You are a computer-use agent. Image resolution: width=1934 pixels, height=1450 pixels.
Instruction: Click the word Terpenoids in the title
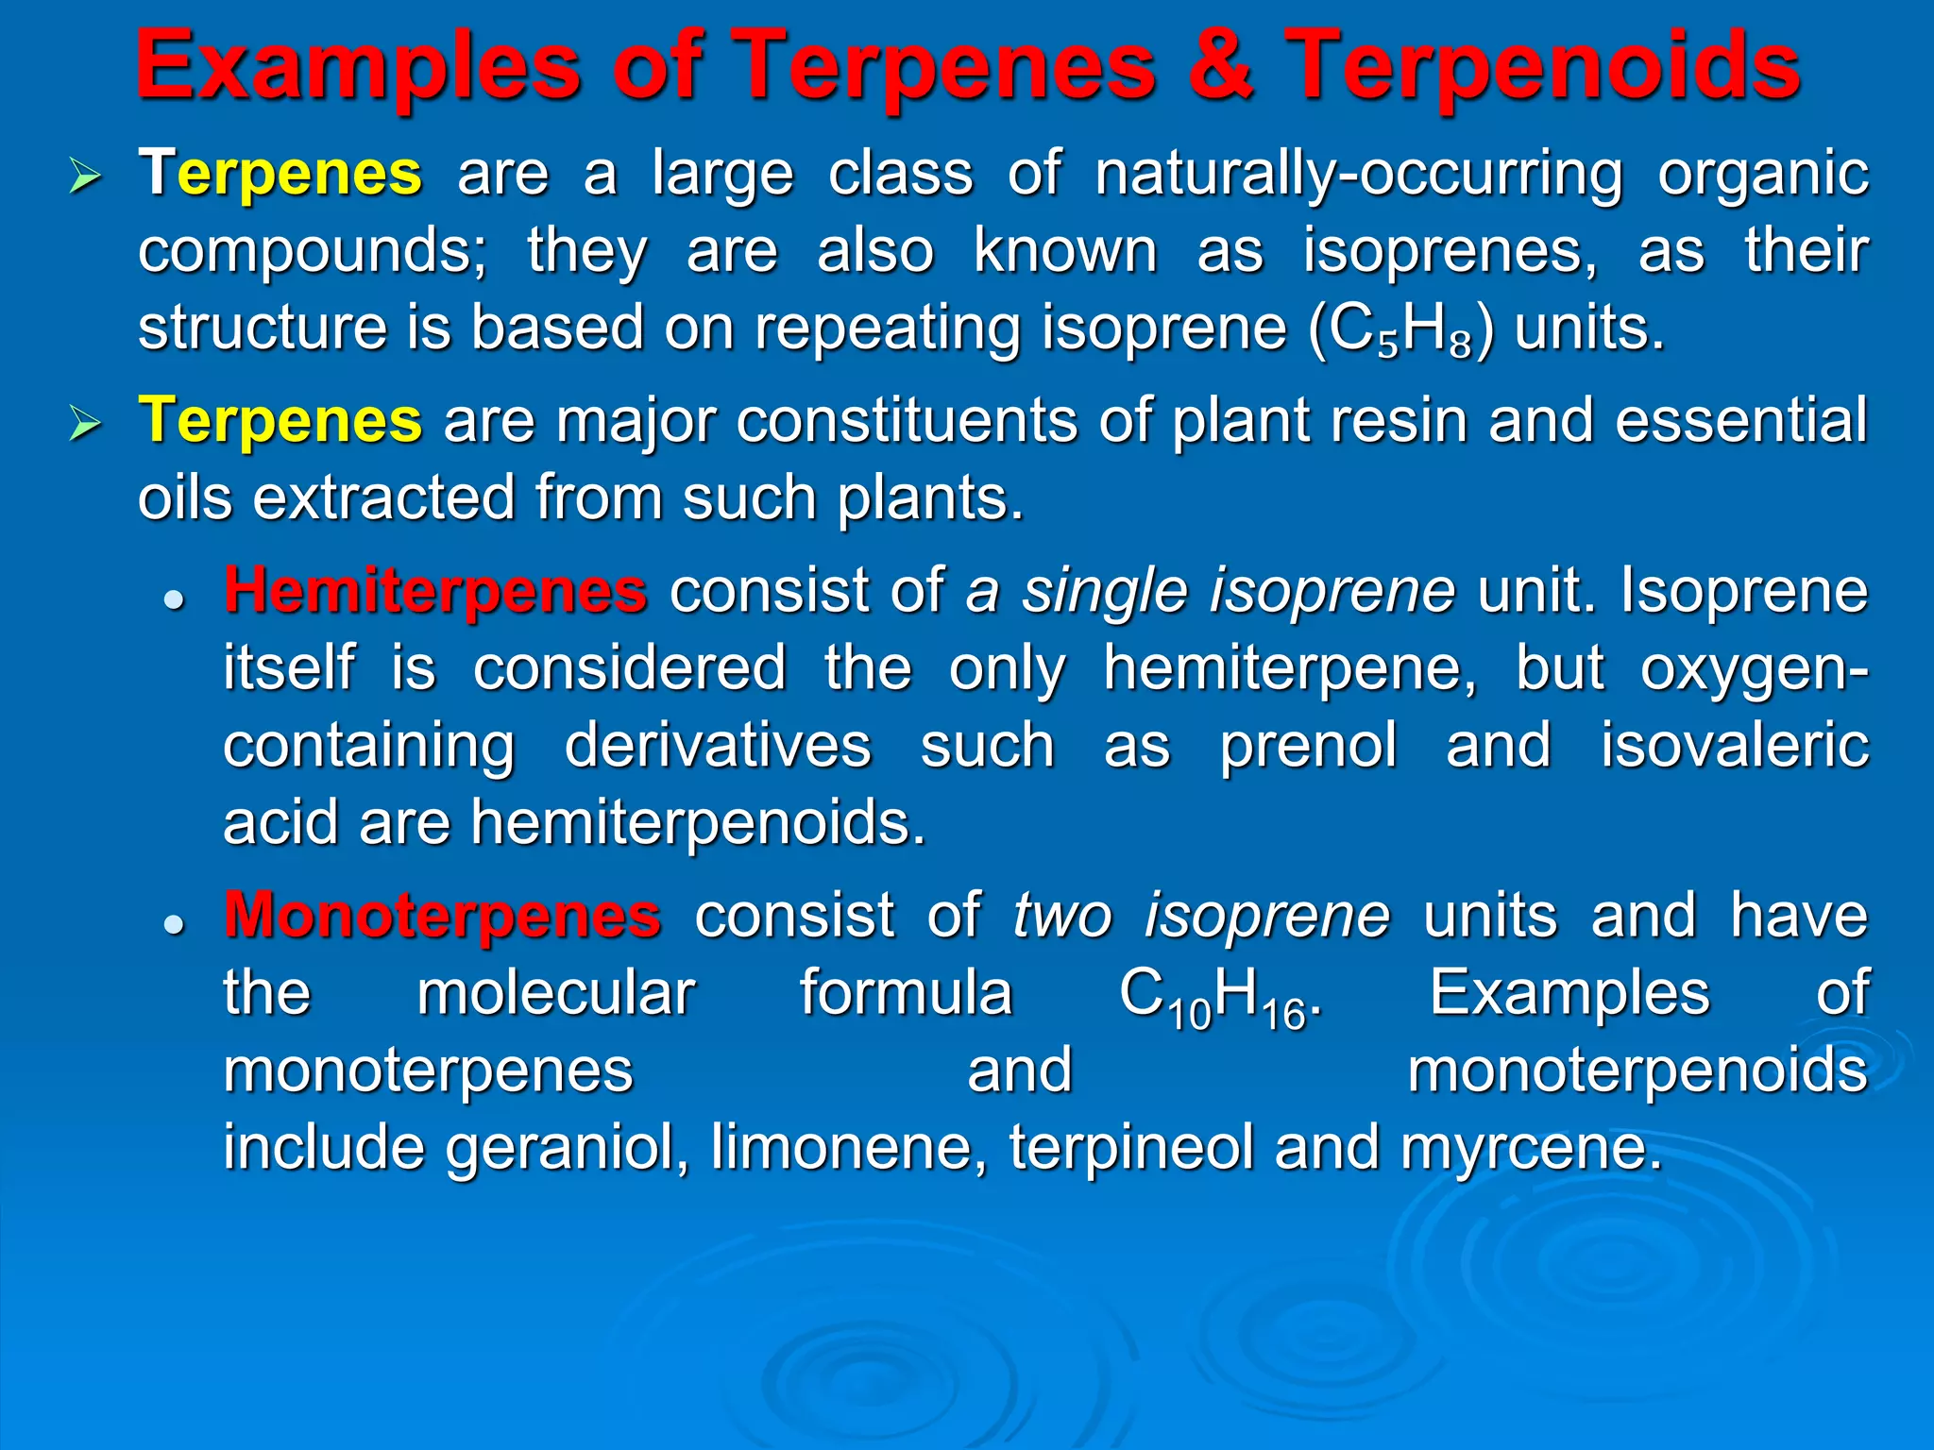[x=1542, y=66]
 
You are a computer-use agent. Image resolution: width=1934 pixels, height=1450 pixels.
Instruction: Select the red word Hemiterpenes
[x=435, y=591]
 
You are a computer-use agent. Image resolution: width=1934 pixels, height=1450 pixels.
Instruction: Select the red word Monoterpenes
[x=442, y=916]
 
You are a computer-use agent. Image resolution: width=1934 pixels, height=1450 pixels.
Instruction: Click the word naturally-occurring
[x=1358, y=176]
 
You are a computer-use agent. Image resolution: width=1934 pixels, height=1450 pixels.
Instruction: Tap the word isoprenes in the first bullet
[x=1450, y=251]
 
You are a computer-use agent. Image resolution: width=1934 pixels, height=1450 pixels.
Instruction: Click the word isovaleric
[x=1734, y=746]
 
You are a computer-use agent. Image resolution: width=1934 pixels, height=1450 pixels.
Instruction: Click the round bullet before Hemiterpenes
[x=173, y=599]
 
